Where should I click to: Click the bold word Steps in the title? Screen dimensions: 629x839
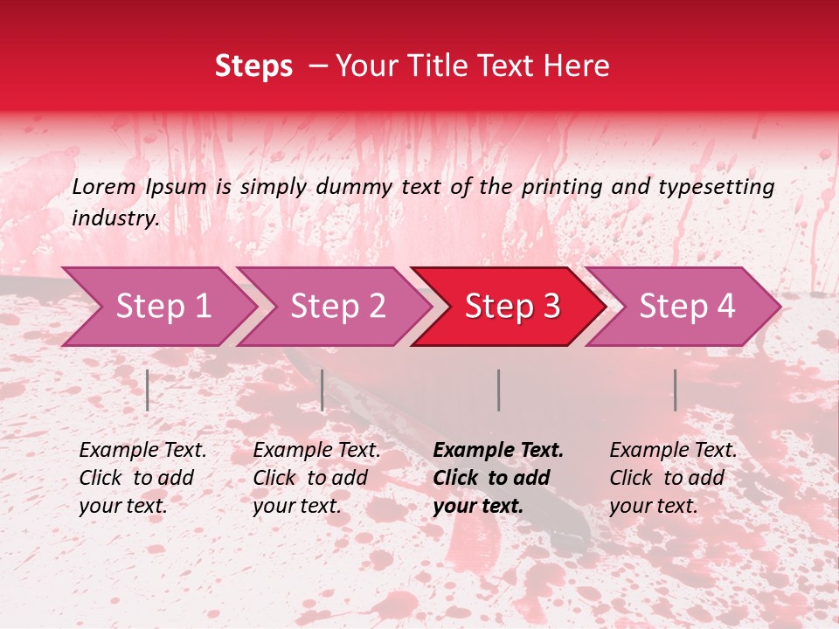pyautogui.click(x=253, y=66)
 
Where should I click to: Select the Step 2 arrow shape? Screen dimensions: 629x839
pyautogui.click(x=337, y=307)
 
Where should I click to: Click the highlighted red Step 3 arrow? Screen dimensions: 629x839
pyautogui.click(x=512, y=307)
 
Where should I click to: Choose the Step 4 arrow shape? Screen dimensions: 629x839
pyautogui.click(x=687, y=307)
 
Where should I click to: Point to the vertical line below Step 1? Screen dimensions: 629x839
pyautogui.click(x=148, y=390)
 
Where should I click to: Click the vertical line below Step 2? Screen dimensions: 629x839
pyautogui.click(x=322, y=390)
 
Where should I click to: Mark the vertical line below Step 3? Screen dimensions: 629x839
pyautogui.click(x=498, y=390)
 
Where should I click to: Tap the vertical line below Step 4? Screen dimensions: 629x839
pyautogui.click(x=675, y=390)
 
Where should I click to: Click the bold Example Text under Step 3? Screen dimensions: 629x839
pyautogui.click(x=498, y=450)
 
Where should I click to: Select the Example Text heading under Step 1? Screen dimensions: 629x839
pyautogui.click(x=142, y=450)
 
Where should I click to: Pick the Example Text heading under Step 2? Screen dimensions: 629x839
pyautogui.click(x=316, y=450)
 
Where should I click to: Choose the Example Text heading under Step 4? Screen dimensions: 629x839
pyautogui.click(x=673, y=450)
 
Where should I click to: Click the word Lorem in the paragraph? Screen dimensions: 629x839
pyautogui.click(x=103, y=186)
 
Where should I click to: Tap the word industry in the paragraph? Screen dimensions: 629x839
pyautogui.click(x=114, y=218)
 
